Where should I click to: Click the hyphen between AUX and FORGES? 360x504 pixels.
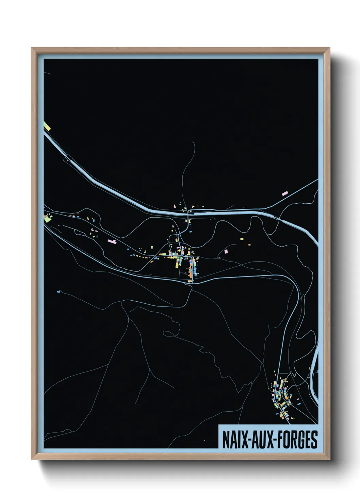point(275,440)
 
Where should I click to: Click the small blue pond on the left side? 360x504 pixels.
point(58,292)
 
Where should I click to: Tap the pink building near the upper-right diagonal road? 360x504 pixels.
point(285,193)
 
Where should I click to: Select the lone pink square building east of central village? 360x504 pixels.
point(226,251)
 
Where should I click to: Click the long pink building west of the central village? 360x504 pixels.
point(112,241)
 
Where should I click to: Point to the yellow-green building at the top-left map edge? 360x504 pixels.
point(47,126)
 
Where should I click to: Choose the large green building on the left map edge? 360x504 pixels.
point(47,219)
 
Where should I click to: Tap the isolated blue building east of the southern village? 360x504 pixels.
point(300,403)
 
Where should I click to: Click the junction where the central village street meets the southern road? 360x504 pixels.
point(193,282)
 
